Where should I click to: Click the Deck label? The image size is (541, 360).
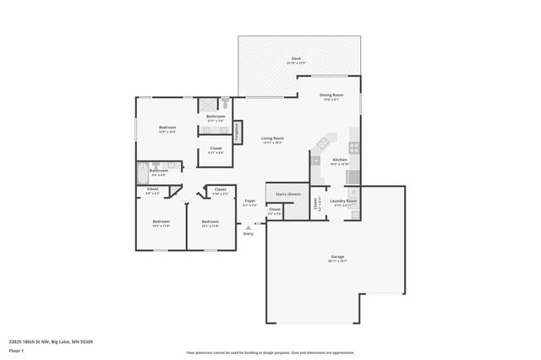(x=296, y=59)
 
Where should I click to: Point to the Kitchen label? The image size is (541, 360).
(x=340, y=160)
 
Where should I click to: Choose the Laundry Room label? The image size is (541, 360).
(x=345, y=201)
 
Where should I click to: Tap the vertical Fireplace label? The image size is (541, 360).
(x=238, y=132)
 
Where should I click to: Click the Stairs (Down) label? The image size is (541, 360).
(x=288, y=194)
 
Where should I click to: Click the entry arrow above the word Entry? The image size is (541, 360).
(x=248, y=226)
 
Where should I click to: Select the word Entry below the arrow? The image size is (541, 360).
(x=249, y=233)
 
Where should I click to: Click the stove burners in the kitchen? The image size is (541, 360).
(x=354, y=147)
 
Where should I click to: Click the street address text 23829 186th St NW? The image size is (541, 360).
(x=50, y=341)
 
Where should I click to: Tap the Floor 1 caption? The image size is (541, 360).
(x=15, y=350)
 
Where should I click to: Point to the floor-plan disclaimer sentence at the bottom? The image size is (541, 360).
(x=270, y=352)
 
